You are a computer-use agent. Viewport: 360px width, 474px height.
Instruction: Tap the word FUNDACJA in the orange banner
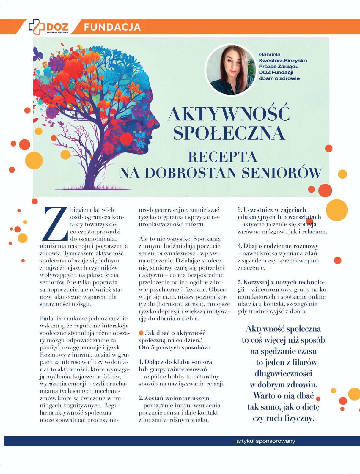(x=112, y=27)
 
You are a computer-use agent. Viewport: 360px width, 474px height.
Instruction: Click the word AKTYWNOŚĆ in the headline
(x=228, y=114)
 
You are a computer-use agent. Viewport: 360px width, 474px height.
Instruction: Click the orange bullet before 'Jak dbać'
(x=142, y=333)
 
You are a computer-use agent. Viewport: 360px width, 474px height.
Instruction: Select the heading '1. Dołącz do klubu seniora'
(x=175, y=362)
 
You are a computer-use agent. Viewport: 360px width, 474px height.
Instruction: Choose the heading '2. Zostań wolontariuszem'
(x=174, y=398)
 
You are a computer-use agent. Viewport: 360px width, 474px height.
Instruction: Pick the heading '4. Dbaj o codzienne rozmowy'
(x=278, y=246)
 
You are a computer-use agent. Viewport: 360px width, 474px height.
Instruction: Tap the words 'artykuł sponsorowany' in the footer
(x=265, y=441)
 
